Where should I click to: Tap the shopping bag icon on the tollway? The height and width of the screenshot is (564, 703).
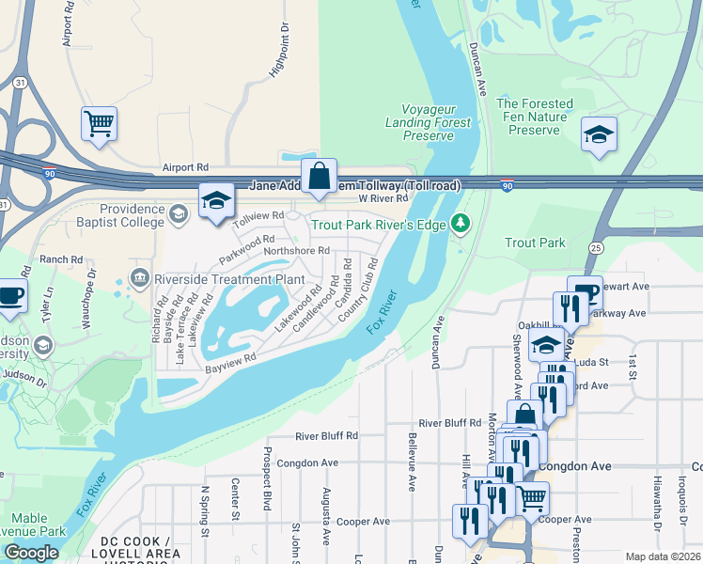320,175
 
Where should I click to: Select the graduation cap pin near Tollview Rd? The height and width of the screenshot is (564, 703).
216,201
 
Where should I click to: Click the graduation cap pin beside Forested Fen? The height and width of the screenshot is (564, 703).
598,135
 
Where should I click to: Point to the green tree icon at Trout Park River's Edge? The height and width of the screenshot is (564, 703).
460,224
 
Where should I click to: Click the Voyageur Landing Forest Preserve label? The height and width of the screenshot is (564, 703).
429,122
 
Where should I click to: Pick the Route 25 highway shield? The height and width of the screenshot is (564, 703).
596,246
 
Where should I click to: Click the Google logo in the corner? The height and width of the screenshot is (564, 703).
31,553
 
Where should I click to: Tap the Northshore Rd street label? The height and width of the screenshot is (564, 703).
296,251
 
